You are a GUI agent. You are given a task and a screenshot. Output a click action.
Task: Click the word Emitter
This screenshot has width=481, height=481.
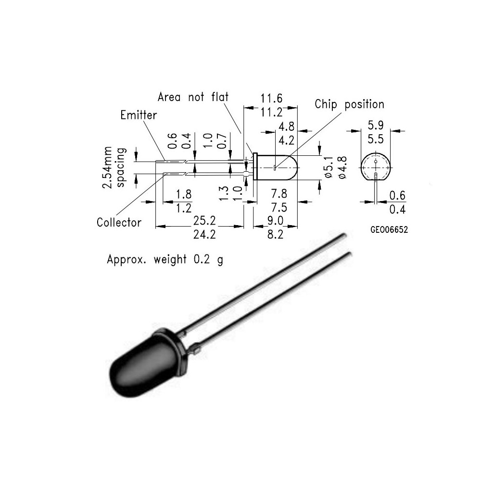click(x=139, y=115)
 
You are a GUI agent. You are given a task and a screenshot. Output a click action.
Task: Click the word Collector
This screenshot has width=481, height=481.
click(x=119, y=222)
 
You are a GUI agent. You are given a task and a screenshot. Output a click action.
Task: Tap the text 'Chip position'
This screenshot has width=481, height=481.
click(x=349, y=104)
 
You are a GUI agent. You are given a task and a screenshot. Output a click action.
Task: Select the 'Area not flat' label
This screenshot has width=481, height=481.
click(x=193, y=97)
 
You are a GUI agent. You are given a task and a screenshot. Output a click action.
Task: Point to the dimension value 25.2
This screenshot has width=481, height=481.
click(x=204, y=221)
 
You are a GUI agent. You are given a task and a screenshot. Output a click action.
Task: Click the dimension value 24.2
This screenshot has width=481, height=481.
click(x=204, y=235)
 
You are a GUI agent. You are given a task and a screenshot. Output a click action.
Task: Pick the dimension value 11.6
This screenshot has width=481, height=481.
click(x=271, y=99)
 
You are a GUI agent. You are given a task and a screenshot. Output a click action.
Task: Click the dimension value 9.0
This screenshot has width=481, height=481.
click(x=276, y=221)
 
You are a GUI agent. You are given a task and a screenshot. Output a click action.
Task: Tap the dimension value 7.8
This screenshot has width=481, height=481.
click(x=279, y=194)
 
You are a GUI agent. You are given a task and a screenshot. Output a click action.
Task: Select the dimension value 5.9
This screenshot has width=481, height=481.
click(x=376, y=125)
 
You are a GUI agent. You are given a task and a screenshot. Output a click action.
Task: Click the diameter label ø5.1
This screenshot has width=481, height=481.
click(x=329, y=167)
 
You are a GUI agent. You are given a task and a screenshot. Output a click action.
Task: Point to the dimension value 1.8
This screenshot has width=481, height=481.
click(x=184, y=194)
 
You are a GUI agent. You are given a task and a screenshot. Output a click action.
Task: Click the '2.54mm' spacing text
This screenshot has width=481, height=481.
click(x=107, y=167)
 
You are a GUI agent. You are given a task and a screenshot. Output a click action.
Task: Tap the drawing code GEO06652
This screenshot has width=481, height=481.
click(x=389, y=230)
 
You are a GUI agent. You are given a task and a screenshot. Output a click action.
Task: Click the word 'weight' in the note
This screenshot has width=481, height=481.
click(x=170, y=260)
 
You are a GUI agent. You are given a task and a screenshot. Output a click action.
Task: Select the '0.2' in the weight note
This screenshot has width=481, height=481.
click(x=202, y=260)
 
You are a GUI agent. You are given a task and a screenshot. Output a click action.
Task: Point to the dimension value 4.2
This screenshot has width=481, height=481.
click(x=286, y=140)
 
